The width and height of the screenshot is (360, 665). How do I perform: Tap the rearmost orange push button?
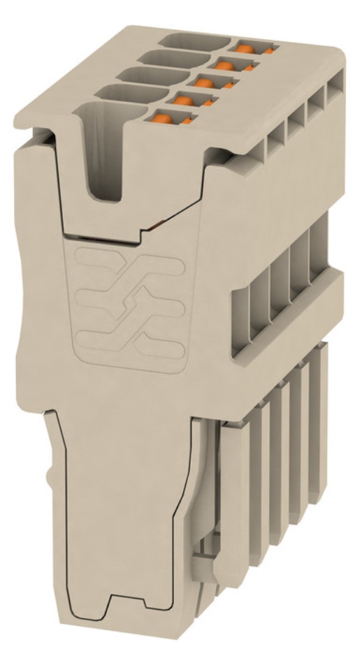[245, 48]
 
